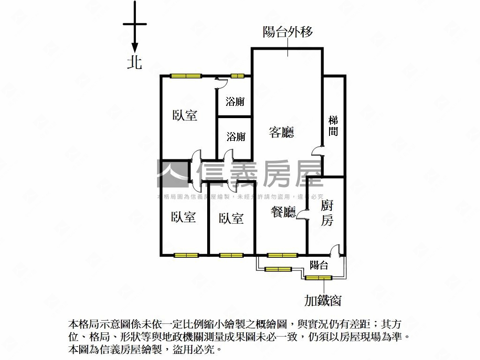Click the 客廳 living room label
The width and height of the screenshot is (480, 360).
281,132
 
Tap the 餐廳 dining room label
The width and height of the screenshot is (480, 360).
283,213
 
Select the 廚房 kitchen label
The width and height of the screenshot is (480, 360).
327,213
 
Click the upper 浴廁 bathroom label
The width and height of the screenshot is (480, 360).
235,102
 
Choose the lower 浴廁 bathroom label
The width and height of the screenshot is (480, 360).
236,137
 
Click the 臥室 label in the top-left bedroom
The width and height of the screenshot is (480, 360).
185,115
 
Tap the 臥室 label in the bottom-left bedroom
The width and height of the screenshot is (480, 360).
183,217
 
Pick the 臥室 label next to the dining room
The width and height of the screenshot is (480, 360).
231,218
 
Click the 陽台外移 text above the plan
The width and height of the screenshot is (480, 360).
287,32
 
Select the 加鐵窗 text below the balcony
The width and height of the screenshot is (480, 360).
322,300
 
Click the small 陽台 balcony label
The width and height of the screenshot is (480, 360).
319,266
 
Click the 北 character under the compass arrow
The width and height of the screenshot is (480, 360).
135,62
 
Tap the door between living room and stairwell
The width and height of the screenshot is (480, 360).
318,150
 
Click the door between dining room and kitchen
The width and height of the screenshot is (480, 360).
303,215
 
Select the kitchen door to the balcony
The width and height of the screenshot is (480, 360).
335,251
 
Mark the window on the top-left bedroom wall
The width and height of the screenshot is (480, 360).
186,76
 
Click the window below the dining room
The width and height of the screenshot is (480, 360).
282,255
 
